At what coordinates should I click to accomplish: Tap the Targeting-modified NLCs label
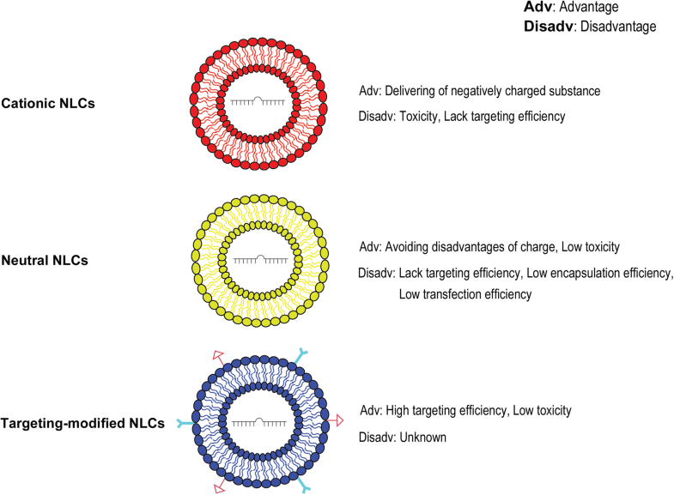82,423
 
